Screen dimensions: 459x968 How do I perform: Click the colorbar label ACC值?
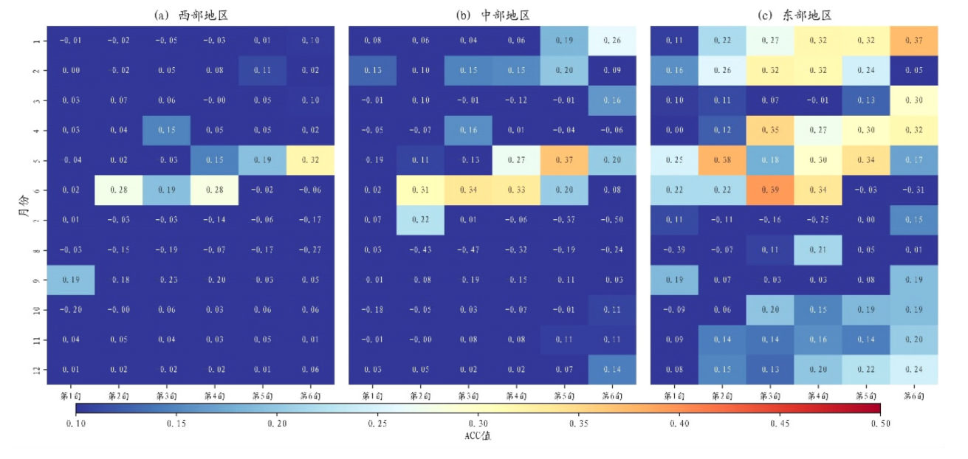pos(478,436)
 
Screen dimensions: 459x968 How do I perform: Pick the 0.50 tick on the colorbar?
pos(880,424)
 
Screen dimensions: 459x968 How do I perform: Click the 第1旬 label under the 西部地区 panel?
pos(71,396)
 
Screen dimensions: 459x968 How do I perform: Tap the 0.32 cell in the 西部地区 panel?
pos(311,160)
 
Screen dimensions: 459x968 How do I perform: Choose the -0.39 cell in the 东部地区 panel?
pos(673,249)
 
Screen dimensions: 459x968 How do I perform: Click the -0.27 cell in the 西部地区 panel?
pos(311,249)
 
